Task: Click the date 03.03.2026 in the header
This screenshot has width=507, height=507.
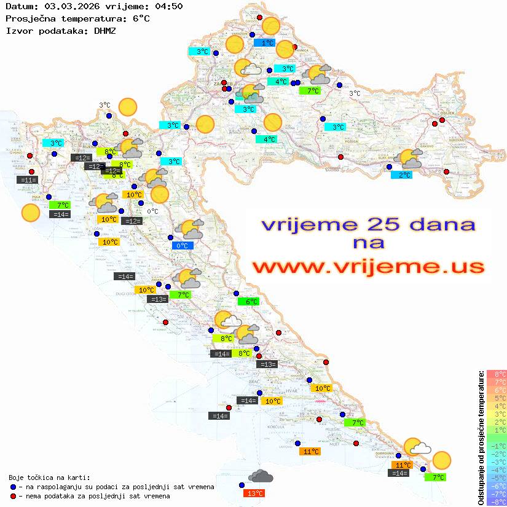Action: coord(67,7)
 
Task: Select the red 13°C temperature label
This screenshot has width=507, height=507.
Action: coord(255,493)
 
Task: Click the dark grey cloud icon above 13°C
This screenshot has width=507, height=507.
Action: coord(261,476)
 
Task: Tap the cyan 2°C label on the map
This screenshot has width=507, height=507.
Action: coord(402,175)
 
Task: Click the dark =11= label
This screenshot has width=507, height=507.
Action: coord(28,180)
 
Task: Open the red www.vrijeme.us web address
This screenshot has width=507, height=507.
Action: coord(368,267)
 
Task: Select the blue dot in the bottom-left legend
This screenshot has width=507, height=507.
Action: coord(13,487)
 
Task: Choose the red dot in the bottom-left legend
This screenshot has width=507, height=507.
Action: coord(13,496)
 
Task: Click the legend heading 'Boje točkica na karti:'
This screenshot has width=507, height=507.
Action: coord(49,478)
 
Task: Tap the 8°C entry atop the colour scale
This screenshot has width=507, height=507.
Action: coord(497,374)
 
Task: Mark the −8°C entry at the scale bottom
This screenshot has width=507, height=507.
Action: coord(497,502)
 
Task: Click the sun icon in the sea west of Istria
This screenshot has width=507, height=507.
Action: coord(30,213)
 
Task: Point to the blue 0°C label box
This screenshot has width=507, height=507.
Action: coord(183,246)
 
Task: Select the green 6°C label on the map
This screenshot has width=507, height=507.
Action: coord(249,302)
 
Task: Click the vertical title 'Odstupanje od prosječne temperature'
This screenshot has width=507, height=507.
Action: coord(480,438)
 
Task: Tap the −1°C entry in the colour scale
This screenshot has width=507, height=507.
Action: coord(497,446)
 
